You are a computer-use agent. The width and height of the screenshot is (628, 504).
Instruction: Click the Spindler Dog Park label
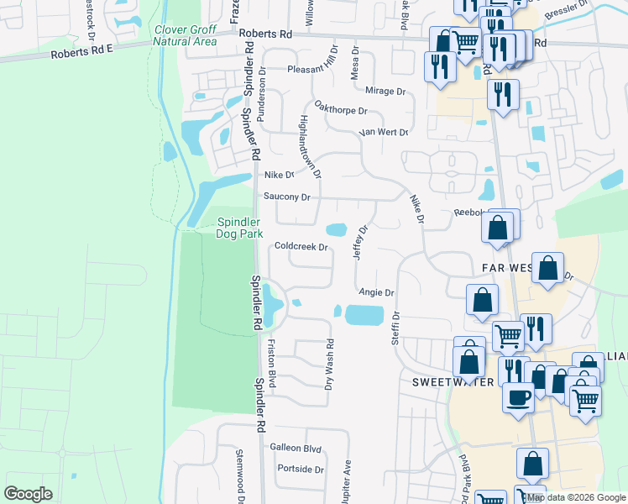tap(240, 228)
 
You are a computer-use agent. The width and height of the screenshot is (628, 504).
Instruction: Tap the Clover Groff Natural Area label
tap(186, 35)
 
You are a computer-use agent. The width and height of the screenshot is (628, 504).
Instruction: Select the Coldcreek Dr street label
tap(300, 247)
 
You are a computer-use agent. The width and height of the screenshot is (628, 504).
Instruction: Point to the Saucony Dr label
tap(287, 197)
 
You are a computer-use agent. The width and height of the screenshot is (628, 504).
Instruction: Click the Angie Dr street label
tap(376, 292)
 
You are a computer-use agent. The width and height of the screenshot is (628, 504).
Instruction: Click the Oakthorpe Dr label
tap(340, 110)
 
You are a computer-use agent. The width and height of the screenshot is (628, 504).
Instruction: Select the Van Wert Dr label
tap(383, 133)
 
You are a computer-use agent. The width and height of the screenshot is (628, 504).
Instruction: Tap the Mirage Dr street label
tap(385, 90)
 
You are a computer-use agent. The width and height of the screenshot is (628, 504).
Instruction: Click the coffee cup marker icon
tap(518, 396)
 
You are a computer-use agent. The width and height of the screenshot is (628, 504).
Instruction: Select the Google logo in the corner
tap(28, 494)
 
